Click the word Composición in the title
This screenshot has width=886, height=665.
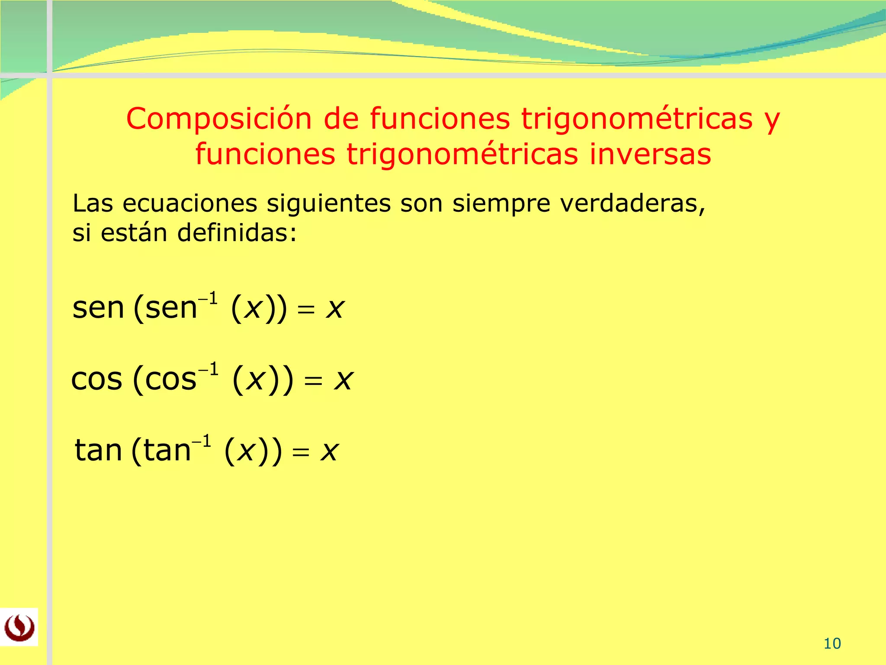218,119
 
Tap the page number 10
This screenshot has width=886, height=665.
832,644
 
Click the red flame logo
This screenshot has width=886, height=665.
19,627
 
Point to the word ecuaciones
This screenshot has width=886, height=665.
189,203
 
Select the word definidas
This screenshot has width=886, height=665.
237,233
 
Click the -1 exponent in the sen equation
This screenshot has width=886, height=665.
208,299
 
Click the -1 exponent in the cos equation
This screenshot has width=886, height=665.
209,370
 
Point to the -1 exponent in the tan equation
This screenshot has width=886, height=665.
202,442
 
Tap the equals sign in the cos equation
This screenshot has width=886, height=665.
313,381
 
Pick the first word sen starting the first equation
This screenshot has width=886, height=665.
98,308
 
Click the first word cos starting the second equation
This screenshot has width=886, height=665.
96,379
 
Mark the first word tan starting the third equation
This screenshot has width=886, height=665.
99,450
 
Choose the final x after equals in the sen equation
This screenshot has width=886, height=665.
335,309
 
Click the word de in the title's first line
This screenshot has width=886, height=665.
341,119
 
